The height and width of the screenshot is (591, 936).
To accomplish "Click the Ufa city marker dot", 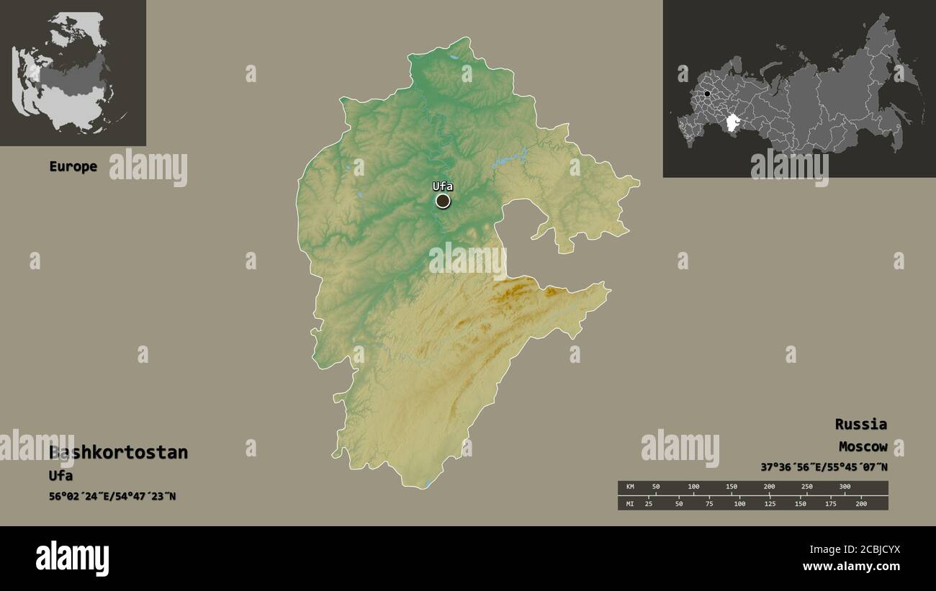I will point(443,201).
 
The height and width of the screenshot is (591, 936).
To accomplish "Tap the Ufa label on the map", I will point(442,186).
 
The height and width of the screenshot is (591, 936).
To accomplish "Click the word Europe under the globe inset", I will point(73,166).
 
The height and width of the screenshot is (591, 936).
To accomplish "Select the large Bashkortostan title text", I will point(119,453).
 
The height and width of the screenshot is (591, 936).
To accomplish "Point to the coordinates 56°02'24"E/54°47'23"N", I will point(112,497).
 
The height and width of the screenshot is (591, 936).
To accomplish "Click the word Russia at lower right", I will point(860,424).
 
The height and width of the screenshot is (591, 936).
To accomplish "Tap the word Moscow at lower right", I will point(863,447).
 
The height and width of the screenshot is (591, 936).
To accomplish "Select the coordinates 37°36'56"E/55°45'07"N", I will point(824,467).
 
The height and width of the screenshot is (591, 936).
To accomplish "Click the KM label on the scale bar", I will point(630,487).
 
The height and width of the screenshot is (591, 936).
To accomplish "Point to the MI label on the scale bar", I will point(630,503).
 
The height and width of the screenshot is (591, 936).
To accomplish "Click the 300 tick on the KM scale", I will point(845,487).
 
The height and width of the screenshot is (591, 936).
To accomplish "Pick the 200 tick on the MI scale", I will point(860,503).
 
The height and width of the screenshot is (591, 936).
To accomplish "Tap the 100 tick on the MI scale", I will point(739,503).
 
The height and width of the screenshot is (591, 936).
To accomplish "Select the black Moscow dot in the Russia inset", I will point(708,94).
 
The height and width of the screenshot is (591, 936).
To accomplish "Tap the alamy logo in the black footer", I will point(73,559).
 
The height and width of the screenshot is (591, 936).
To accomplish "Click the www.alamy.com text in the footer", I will point(852,567).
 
